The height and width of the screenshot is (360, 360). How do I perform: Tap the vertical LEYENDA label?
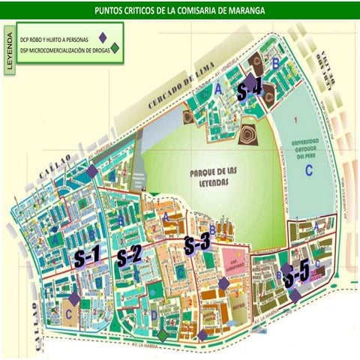(10, 51)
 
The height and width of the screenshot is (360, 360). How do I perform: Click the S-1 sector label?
(87, 256)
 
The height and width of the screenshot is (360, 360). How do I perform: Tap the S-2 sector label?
(129, 256)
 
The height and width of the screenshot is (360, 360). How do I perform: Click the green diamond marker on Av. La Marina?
(162, 336)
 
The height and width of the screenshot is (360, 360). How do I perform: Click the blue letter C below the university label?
(308, 169)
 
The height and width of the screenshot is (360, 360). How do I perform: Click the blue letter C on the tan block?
(69, 315)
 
